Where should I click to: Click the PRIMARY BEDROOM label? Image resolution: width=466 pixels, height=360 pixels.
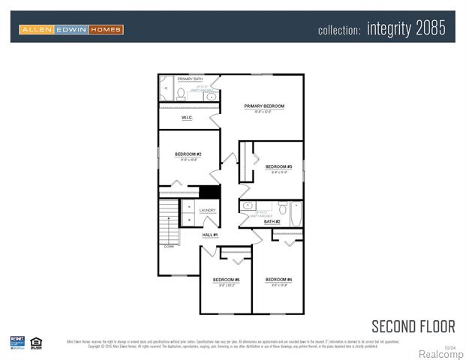[x=263, y=106]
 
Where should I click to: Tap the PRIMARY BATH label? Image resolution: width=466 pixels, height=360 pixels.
[x=190, y=79]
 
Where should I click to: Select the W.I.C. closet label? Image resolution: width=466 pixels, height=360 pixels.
[x=188, y=118]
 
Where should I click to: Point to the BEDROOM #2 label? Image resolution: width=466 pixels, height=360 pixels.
[x=188, y=154]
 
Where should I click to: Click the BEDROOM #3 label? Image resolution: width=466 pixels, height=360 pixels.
[x=277, y=166]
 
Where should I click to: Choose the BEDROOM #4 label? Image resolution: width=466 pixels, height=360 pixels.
[x=278, y=280]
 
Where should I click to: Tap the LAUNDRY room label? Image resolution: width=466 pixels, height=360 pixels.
[x=208, y=211]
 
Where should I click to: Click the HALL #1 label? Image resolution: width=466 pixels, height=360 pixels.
[x=209, y=235]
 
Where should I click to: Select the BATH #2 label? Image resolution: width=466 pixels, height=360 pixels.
[x=272, y=222]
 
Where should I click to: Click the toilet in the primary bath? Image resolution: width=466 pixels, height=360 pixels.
[x=181, y=94]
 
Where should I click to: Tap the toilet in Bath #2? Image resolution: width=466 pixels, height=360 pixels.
[x=282, y=207]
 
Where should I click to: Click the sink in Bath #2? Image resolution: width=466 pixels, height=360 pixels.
[x=248, y=205]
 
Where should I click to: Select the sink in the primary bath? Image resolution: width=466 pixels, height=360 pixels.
[x=211, y=96]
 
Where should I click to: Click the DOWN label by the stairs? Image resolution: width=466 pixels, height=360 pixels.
[x=169, y=246]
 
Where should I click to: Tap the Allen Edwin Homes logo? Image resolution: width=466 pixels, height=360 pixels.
[x=71, y=29]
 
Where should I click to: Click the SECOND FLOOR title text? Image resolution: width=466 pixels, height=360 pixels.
[x=413, y=326]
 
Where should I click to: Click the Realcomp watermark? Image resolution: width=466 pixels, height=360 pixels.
[x=440, y=354]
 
